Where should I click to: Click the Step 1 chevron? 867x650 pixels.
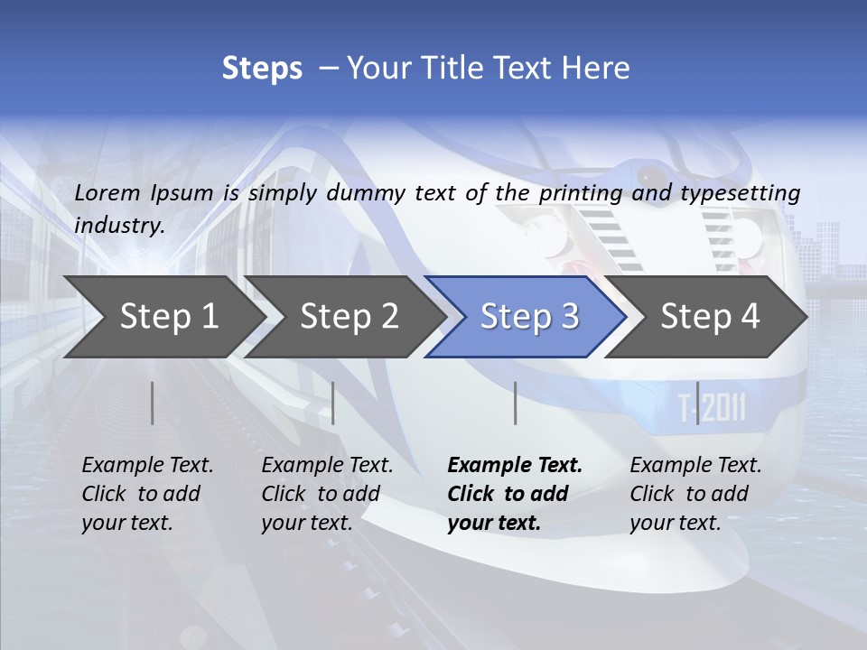(167, 316)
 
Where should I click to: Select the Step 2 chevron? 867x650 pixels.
(349, 316)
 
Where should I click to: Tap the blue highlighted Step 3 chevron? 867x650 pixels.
(528, 316)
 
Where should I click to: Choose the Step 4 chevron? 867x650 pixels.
(710, 316)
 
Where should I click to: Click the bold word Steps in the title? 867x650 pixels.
(262, 68)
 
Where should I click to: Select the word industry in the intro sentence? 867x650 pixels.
(119, 225)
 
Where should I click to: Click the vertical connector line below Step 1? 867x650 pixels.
(153, 403)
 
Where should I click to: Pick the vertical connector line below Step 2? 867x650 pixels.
(333, 403)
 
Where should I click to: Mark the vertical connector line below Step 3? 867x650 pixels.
(515, 403)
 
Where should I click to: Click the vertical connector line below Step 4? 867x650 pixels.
(697, 403)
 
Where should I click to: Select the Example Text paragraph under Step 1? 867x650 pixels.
(147, 494)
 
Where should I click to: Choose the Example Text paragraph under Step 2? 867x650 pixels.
(327, 494)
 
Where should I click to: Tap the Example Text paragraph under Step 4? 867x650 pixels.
(695, 494)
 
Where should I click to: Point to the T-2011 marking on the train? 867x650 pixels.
(712, 409)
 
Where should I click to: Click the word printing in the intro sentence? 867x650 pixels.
(581, 193)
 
